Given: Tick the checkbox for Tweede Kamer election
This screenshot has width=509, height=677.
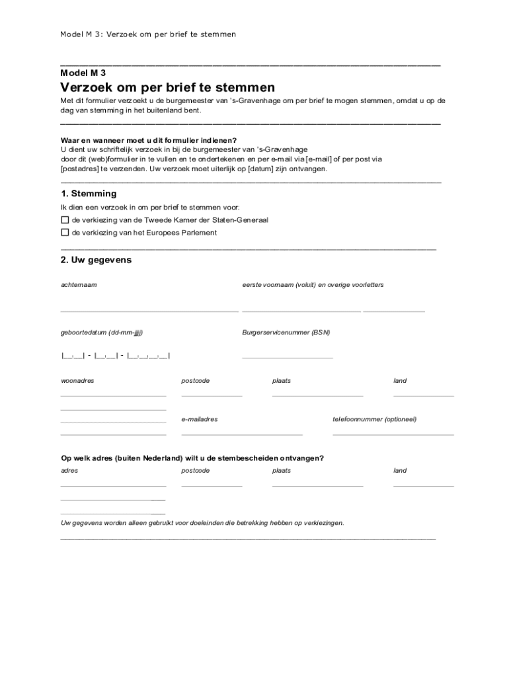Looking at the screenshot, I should coord(65,219).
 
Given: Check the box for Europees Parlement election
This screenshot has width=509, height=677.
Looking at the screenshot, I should coord(65,233).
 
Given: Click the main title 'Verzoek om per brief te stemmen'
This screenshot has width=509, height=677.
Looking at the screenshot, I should coord(168,87).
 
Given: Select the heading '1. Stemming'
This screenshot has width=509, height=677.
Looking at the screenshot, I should coord(89,194).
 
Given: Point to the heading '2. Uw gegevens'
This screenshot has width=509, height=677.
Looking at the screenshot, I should coord(96,260).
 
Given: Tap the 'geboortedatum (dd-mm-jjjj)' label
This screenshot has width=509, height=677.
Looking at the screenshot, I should coord(102,332).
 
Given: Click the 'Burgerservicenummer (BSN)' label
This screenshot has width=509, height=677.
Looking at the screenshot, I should coord(286,332).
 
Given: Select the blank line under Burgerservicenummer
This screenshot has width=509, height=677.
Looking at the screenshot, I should coord(288,358).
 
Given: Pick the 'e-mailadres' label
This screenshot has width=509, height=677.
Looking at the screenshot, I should coord(200,419).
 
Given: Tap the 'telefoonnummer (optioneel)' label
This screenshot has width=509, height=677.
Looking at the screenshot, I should coord(375,419).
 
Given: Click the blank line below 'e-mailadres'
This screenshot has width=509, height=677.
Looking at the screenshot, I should coord(242,434).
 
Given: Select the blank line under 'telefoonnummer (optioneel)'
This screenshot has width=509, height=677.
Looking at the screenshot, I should coord(393,434).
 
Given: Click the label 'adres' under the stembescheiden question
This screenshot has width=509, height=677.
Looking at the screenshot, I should coord(69,471).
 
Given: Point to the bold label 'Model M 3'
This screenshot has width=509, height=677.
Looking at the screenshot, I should coord(83,73).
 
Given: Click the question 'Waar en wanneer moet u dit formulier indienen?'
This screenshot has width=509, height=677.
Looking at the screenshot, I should coord(149,141).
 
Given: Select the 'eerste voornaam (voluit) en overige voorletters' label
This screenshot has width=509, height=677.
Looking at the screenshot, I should coord(313,284).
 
